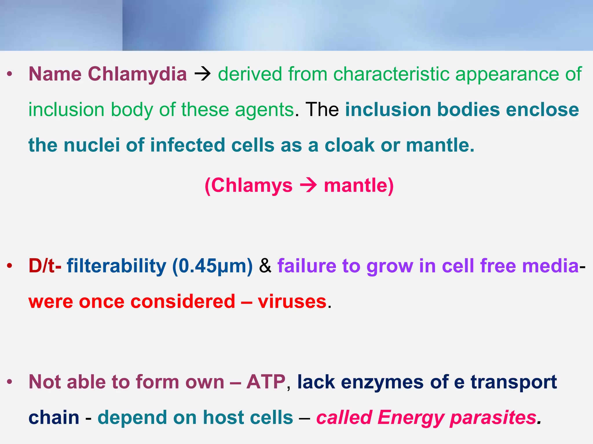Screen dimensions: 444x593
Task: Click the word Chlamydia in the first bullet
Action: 137,74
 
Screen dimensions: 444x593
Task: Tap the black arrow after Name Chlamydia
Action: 202,74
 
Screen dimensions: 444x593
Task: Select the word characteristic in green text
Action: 391,74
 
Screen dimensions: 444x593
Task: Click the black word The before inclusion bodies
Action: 322,110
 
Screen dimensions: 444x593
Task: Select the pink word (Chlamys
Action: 248,185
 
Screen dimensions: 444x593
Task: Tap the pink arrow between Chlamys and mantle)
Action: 308,185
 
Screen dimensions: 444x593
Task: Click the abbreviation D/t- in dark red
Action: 45,266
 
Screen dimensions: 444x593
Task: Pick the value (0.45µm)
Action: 212,266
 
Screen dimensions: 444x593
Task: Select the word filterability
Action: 116,266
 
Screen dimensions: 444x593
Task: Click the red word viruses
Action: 292,302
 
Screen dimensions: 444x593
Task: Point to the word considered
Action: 183,302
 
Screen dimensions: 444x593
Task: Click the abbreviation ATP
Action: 266,382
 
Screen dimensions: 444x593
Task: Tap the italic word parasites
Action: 493,418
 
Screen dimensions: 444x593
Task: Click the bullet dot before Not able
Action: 10,382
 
